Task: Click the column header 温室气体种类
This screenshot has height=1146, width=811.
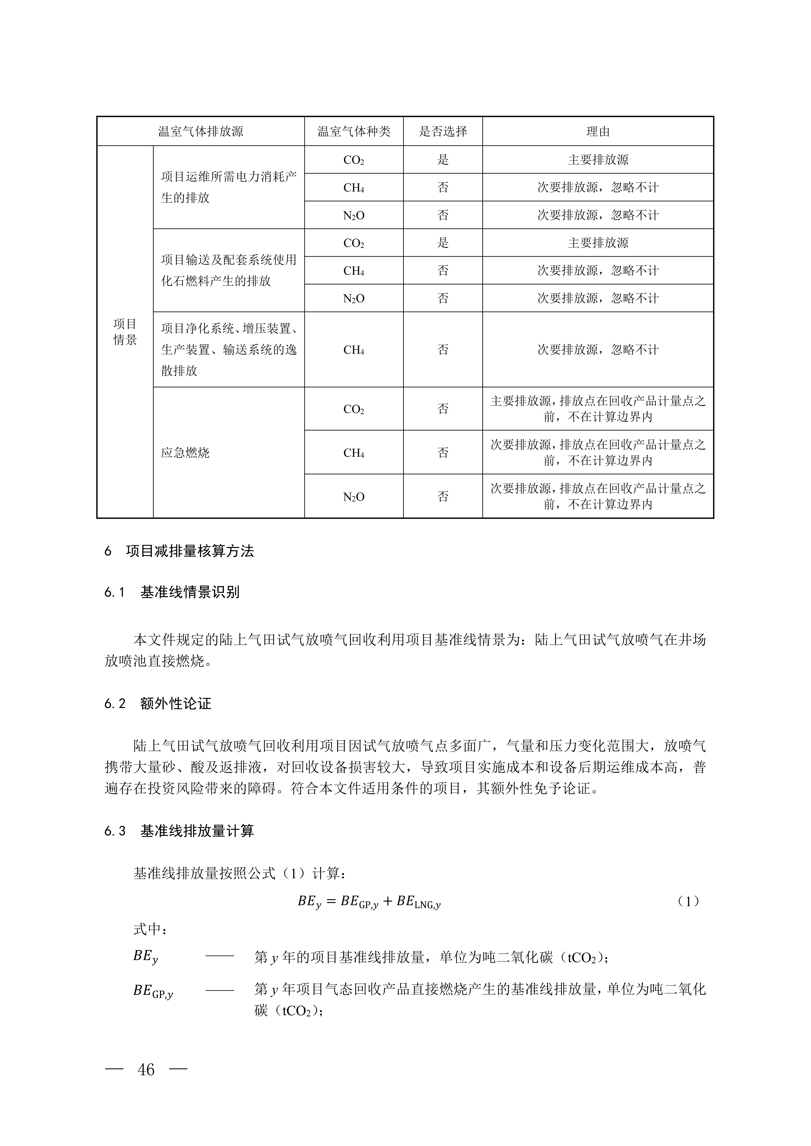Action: tap(353, 131)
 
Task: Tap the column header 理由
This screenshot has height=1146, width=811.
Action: tap(598, 131)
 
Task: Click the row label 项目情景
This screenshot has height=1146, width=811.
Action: tap(125, 332)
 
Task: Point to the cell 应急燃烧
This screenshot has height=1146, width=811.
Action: tap(185, 453)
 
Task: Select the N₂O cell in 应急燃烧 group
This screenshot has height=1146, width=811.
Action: tap(353, 497)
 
